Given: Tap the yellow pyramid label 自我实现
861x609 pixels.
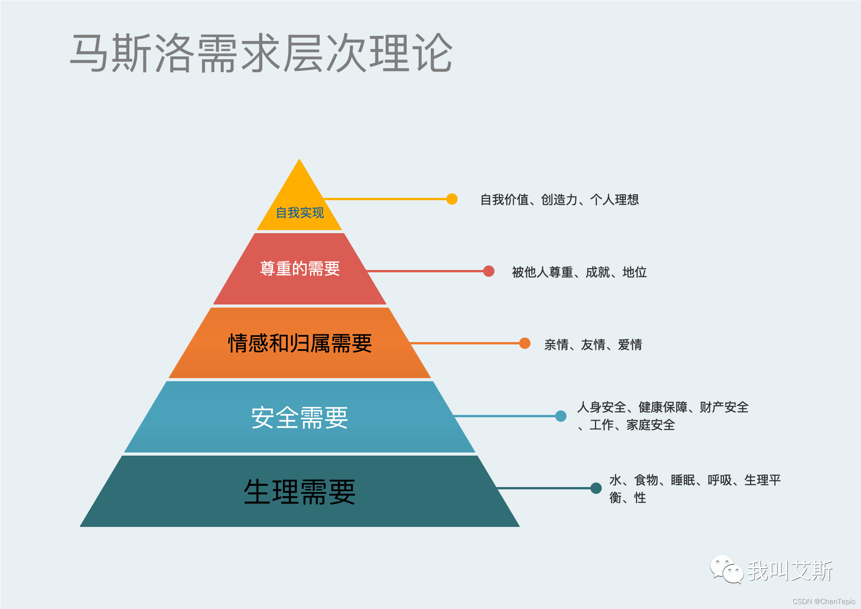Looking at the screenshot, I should coord(300,212).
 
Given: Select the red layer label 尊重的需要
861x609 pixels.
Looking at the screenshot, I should coord(300,268).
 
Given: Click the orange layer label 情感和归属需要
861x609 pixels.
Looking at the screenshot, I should coord(300,343).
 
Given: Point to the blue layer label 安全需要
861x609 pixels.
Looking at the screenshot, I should coord(300,418).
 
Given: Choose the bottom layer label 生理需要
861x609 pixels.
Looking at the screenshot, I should coord(300,492).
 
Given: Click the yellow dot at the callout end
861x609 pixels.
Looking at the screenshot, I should coord(452,199).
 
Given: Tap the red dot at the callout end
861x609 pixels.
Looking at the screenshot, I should coord(488,271).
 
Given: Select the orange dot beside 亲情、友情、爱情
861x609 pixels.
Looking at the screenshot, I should coord(525,343).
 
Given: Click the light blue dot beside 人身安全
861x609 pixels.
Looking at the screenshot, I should coord(561,416).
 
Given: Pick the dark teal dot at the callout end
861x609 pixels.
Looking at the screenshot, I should coord(596,488).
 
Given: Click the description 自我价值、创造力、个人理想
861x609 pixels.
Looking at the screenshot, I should coord(559,200).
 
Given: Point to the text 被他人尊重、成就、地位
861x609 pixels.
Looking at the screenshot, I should coord(579,272).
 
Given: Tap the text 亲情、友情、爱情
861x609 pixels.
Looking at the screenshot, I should coord(593,345).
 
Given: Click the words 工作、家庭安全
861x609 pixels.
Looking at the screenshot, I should coord(632,425).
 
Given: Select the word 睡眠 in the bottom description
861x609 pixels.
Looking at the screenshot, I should coord(683,480).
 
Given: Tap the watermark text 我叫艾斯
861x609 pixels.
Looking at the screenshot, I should coord(790,571).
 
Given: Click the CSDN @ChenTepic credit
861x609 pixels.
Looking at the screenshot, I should coord(824,602).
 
